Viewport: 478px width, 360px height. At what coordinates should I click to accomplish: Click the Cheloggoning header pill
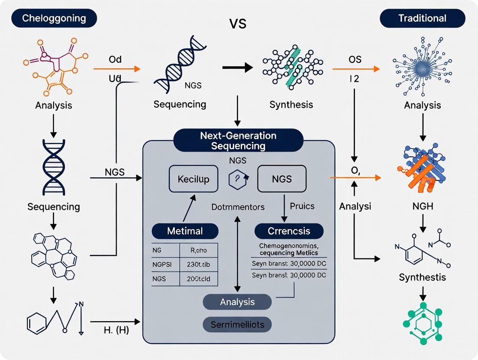pyautogui.click(x=54, y=19)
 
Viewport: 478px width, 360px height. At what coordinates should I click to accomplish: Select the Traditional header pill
pyautogui.click(x=422, y=19)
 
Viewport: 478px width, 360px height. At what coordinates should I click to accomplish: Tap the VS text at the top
pyautogui.click(x=238, y=23)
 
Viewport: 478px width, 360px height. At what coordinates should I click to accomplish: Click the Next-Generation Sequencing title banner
pyautogui.click(x=238, y=140)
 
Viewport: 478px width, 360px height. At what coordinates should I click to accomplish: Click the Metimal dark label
pyautogui.click(x=185, y=231)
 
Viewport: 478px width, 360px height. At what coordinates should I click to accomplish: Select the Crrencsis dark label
pyautogui.click(x=289, y=231)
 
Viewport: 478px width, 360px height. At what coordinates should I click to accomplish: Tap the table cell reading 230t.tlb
pyautogui.click(x=199, y=264)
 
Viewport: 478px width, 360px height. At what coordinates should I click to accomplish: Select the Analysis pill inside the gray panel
pyautogui.click(x=237, y=302)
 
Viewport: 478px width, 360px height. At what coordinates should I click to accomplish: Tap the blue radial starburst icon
pyautogui.click(x=422, y=67)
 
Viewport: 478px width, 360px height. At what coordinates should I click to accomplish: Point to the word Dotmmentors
pyautogui.click(x=238, y=207)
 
